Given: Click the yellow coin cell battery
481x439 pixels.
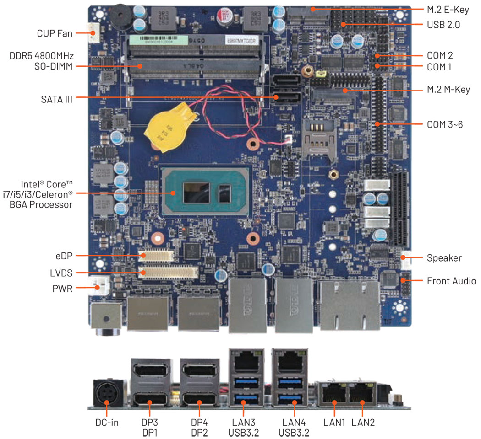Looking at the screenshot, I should (x=167, y=129).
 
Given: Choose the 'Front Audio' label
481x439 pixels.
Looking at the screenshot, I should (x=451, y=280).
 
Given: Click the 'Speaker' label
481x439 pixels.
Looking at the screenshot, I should (x=444, y=258).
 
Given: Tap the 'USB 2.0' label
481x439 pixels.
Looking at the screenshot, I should (x=443, y=25).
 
